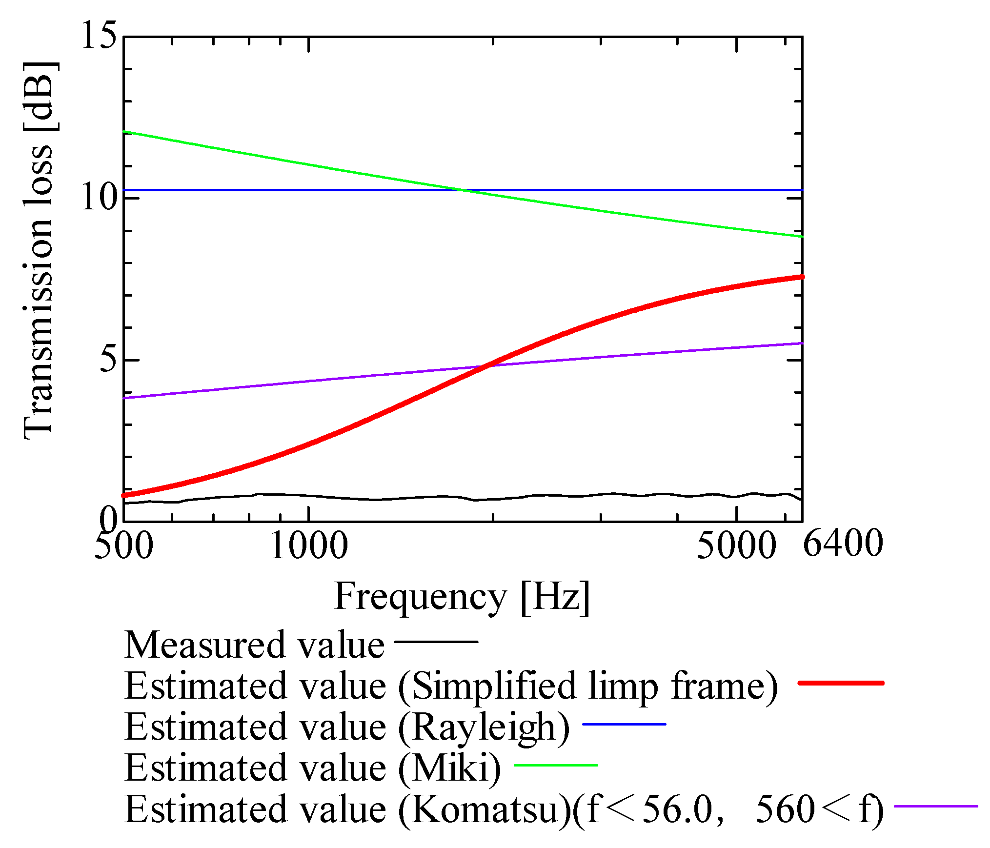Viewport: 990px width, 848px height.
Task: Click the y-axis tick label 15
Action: click(x=100, y=35)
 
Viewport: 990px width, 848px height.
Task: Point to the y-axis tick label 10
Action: click(x=100, y=198)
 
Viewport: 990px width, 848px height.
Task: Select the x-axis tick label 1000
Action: click(x=308, y=545)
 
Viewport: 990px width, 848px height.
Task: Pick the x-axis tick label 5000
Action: click(x=736, y=545)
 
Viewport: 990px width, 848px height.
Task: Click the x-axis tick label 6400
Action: click(x=843, y=544)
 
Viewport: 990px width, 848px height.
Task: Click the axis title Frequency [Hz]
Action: click(x=462, y=597)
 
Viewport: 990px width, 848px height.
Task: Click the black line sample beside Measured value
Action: click(x=436, y=642)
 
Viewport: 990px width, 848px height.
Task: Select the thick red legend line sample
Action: click(x=840, y=683)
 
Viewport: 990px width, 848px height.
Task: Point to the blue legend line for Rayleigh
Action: click(x=624, y=724)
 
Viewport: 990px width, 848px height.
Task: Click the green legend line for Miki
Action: click(x=556, y=765)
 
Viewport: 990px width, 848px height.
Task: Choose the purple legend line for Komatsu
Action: click(x=935, y=807)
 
